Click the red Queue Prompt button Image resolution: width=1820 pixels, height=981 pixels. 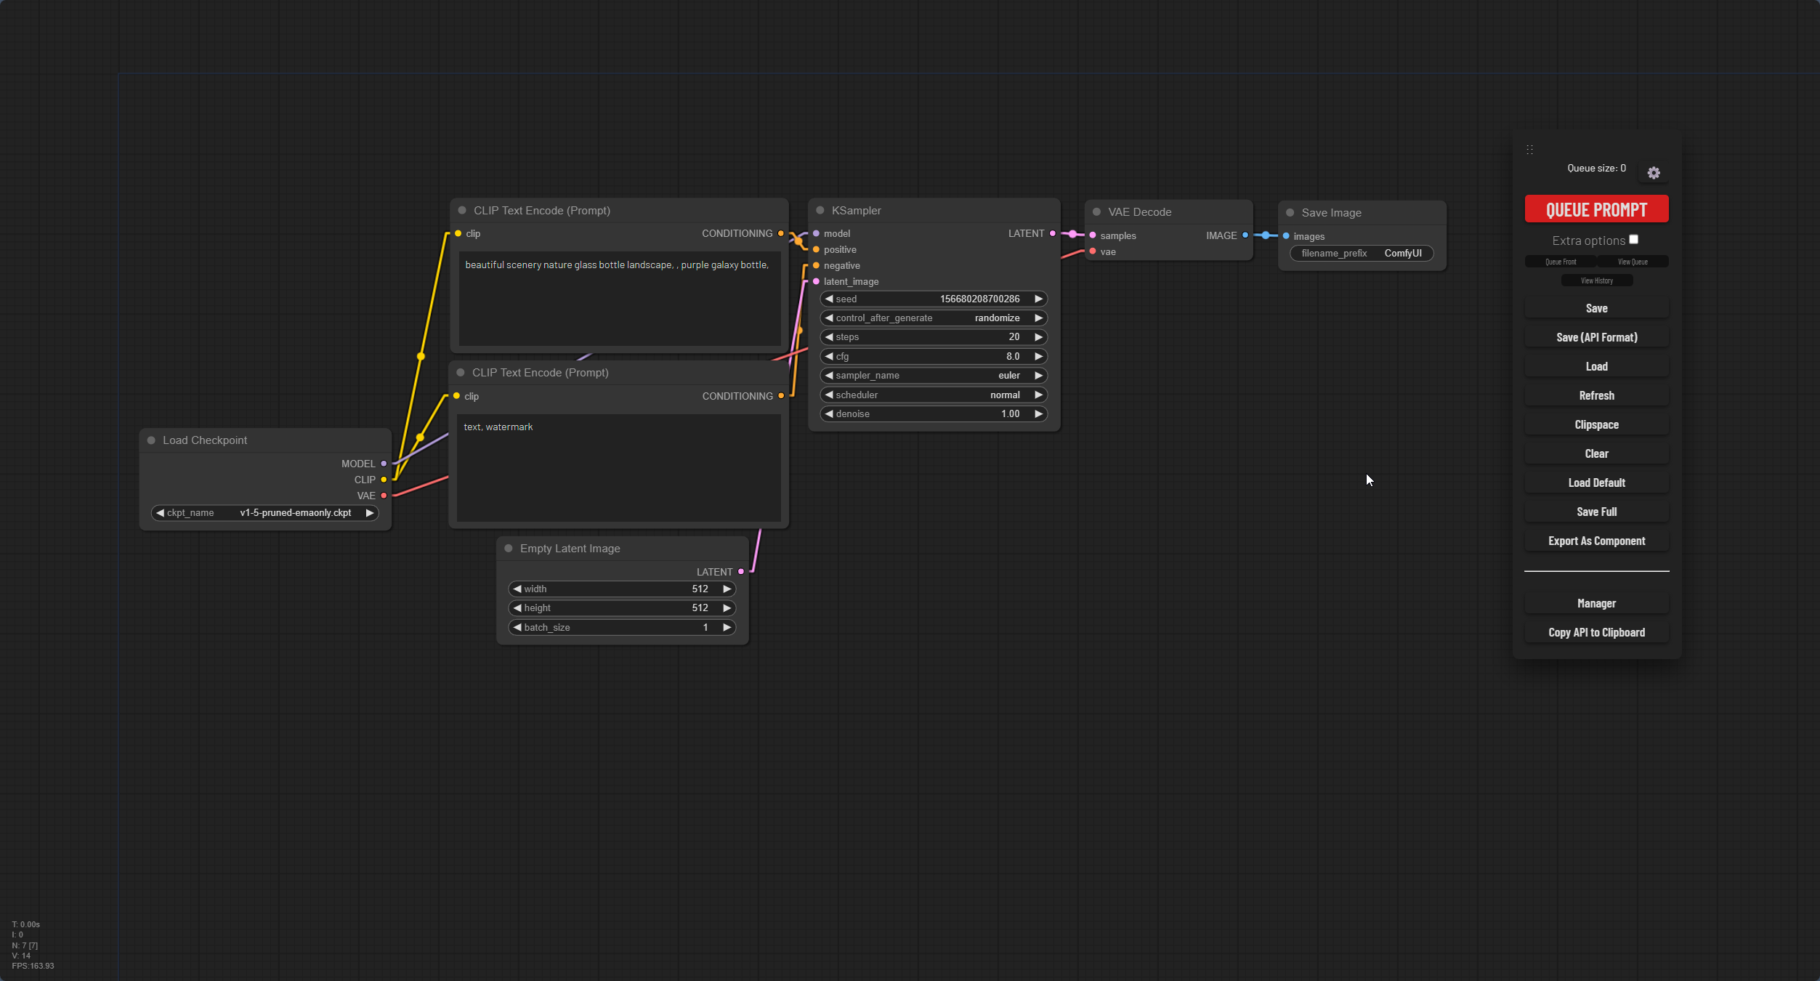pyautogui.click(x=1596, y=209)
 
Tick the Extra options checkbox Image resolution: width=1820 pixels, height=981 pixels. pyautogui.click(x=1633, y=240)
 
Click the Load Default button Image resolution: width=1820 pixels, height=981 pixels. pyautogui.click(x=1596, y=483)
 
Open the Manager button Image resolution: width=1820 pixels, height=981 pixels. pyautogui.click(x=1596, y=603)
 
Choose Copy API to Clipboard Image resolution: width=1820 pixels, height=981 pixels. pyautogui.click(x=1596, y=632)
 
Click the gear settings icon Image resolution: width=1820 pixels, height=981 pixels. pyautogui.click(x=1654, y=173)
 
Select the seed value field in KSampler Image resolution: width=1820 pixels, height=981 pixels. pyautogui.click(x=934, y=299)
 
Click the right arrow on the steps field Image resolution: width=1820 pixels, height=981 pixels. pyautogui.click(x=1038, y=337)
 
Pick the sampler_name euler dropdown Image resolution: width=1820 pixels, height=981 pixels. pyautogui.click(x=934, y=376)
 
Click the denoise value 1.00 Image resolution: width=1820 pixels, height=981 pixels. pyautogui.click(x=1010, y=414)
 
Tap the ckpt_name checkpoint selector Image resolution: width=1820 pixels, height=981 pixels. pyautogui.click(x=265, y=513)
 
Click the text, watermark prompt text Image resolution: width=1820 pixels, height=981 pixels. pyautogui.click(x=498, y=427)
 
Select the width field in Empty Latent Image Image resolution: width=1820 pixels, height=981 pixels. pyautogui.click(x=622, y=589)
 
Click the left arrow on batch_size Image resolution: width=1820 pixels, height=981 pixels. pyautogui.click(x=517, y=628)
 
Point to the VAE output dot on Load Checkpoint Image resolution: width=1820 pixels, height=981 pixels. pyautogui.click(x=384, y=496)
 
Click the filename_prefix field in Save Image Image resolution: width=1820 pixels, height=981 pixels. pyautogui.click(x=1362, y=254)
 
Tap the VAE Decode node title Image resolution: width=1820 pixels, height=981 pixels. pyautogui.click(x=1139, y=212)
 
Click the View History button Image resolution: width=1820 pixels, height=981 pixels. pyautogui.click(x=1596, y=280)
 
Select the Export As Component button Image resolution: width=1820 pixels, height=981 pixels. pyautogui.click(x=1596, y=541)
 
